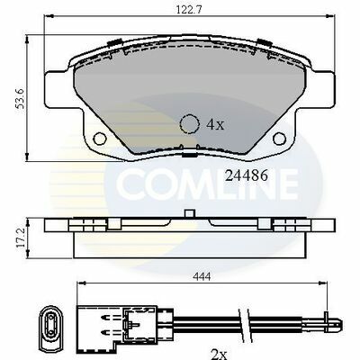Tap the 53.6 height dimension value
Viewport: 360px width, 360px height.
[x=21, y=98]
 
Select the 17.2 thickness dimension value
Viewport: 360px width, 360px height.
[x=21, y=238]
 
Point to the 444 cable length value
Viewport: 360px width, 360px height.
[x=202, y=276]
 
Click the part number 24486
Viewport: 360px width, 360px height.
[x=247, y=176]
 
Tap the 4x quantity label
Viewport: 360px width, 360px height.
[x=215, y=124]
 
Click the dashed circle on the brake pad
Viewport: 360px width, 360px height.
[x=190, y=124]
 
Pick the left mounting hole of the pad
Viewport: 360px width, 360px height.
[x=100, y=139]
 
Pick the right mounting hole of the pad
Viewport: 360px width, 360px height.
[x=279, y=139]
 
